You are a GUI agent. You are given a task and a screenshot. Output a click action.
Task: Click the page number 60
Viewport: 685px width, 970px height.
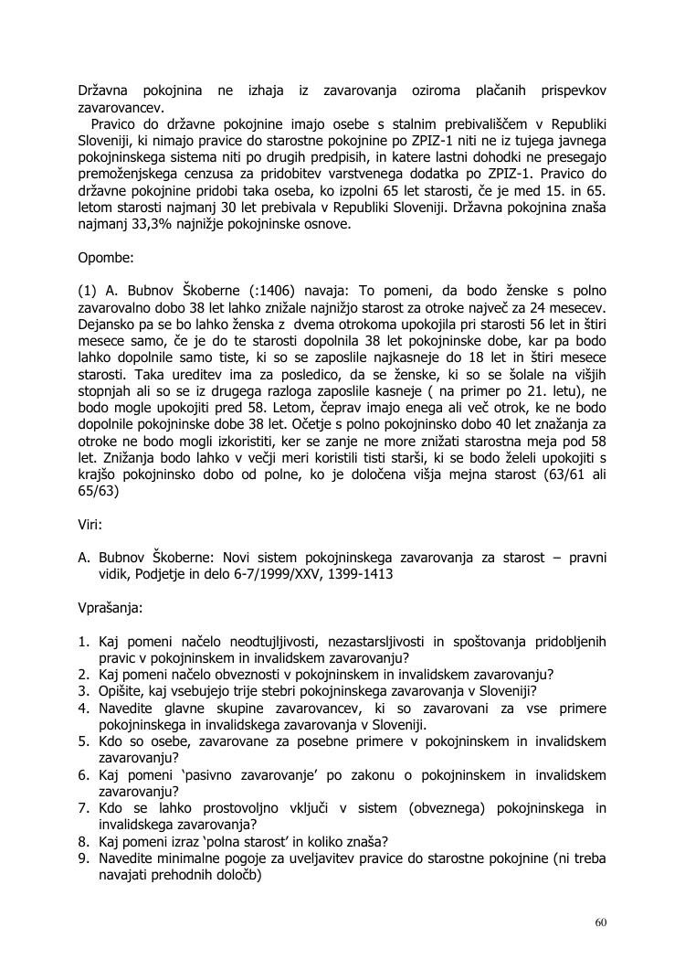[600, 922]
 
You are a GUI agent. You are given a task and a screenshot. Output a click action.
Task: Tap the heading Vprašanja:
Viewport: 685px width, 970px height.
[111, 606]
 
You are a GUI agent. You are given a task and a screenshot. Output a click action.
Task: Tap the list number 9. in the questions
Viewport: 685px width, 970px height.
[83, 858]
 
